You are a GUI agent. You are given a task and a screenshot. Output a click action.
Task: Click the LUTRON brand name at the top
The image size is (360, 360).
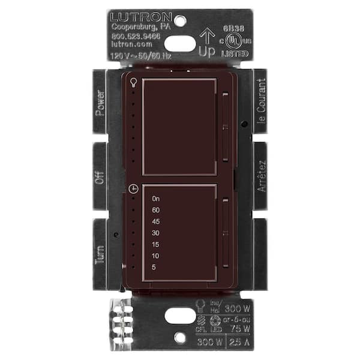141,17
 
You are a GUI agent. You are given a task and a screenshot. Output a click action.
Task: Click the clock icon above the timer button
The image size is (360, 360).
133,188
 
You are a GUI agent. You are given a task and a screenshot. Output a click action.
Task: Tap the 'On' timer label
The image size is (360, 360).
157,199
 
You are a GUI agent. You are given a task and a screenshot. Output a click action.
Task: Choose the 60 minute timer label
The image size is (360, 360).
156,210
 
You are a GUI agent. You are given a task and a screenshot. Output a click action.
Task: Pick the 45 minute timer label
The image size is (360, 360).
156,221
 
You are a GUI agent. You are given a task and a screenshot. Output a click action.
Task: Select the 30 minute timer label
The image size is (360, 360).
156,233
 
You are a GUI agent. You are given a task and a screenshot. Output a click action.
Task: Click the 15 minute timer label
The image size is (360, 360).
156,244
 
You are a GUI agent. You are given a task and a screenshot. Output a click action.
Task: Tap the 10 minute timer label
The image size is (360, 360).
156,256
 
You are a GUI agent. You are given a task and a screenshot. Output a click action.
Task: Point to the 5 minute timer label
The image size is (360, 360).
154,267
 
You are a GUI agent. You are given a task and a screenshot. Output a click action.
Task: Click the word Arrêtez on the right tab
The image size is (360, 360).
260,176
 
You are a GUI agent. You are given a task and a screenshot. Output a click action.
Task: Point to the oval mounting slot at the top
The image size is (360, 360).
180,43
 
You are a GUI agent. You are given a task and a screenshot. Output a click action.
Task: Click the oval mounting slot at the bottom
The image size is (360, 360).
180,315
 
